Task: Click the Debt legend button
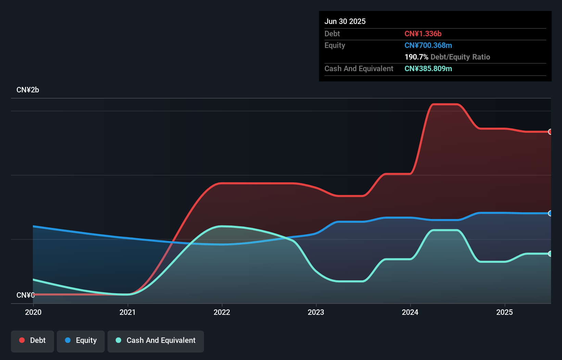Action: [x=32, y=341]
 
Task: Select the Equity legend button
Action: [x=81, y=341]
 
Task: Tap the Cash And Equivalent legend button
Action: [x=156, y=341]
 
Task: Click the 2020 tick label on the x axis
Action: [x=33, y=312]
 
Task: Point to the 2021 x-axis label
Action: [x=127, y=312]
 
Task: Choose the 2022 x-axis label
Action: [x=222, y=312]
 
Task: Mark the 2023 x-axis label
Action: [x=316, y=312]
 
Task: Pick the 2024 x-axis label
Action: [x=410, y=312]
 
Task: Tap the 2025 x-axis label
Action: [x=504, y=312]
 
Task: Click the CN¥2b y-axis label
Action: [x=28, y=90]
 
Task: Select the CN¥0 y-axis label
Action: [x=25, y=295]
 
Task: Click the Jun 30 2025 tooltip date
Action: [x=345, y=21]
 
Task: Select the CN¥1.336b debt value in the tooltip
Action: [x=423, y=34]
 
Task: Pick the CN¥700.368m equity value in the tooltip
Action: [x=428, y=45]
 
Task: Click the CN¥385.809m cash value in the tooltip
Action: [x=428, y=68]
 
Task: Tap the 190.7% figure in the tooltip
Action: [x=416, y=57]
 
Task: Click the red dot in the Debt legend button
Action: [x=22, y=340]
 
